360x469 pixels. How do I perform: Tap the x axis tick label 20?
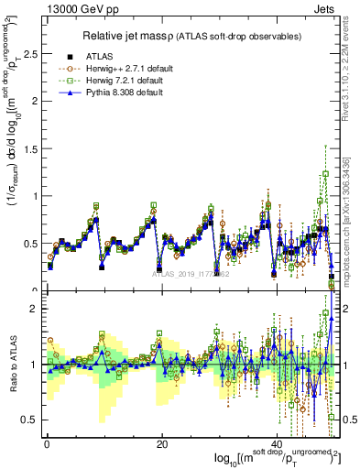pos(161,444)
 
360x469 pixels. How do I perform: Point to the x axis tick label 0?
pos(47,444)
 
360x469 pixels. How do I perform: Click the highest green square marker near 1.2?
pos(325,174)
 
